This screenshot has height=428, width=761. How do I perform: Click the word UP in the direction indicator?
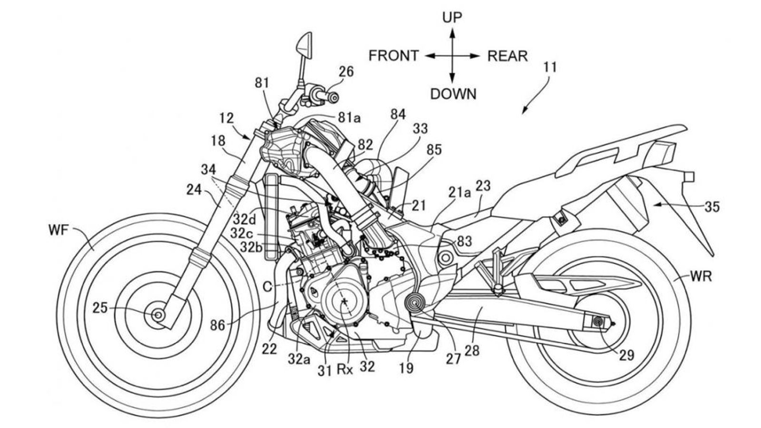[452, 18]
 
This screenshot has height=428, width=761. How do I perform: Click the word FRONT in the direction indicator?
[393, 56]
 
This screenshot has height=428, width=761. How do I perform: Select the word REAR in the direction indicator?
[507, 56]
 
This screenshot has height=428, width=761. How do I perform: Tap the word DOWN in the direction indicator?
[453, 94]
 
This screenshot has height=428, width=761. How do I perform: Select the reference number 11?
[550, 68]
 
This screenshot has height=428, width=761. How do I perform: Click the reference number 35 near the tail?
[712, 207]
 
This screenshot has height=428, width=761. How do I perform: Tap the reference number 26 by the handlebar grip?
[346, 72]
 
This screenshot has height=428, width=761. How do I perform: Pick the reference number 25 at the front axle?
[100, 309]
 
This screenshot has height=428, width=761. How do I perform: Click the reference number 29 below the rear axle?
[627, 355]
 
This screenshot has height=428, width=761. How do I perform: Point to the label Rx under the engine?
[345, 369]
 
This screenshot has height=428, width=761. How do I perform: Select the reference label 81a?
[349, 118]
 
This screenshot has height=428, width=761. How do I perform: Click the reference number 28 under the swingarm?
[473, 351]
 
